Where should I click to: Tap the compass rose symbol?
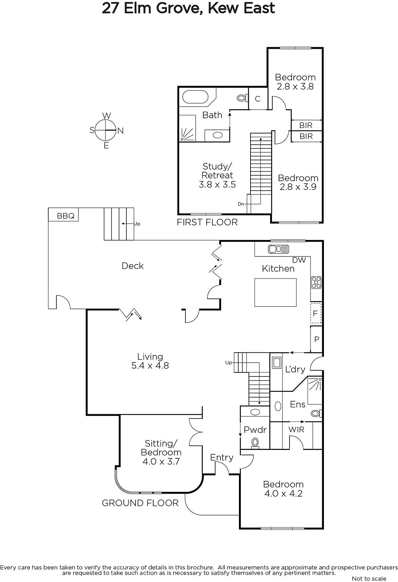point(106,130)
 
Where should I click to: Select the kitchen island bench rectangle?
point(275,292)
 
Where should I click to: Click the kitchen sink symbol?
point(278,249)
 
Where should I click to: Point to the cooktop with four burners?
point(316,283)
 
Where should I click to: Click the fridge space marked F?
point(316,313)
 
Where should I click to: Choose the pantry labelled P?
point(316,339)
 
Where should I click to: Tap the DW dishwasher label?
point(299,260)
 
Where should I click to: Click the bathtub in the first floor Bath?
point(195,97)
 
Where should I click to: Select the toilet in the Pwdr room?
point(255,442)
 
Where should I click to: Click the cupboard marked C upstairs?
point(258,99)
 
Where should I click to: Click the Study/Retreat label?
point(217,171)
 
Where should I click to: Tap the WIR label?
point(296,430)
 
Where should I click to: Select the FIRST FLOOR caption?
point(207,222)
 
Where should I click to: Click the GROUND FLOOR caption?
point(140,503)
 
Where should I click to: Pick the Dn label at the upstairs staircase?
point(241,204)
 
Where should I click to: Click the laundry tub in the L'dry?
point(276,362)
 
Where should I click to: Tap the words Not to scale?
point(369,579)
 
